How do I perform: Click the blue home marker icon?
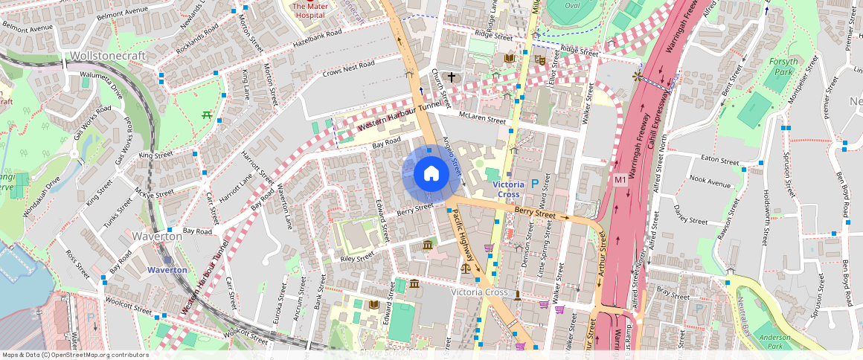click(431, 174)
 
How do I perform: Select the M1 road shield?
click(620, 179)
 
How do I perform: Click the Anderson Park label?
click(774, 341)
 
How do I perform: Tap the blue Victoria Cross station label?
click(508, 189)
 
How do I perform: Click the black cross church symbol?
click(451, 77)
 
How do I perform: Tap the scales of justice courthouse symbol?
click(466, 267)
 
